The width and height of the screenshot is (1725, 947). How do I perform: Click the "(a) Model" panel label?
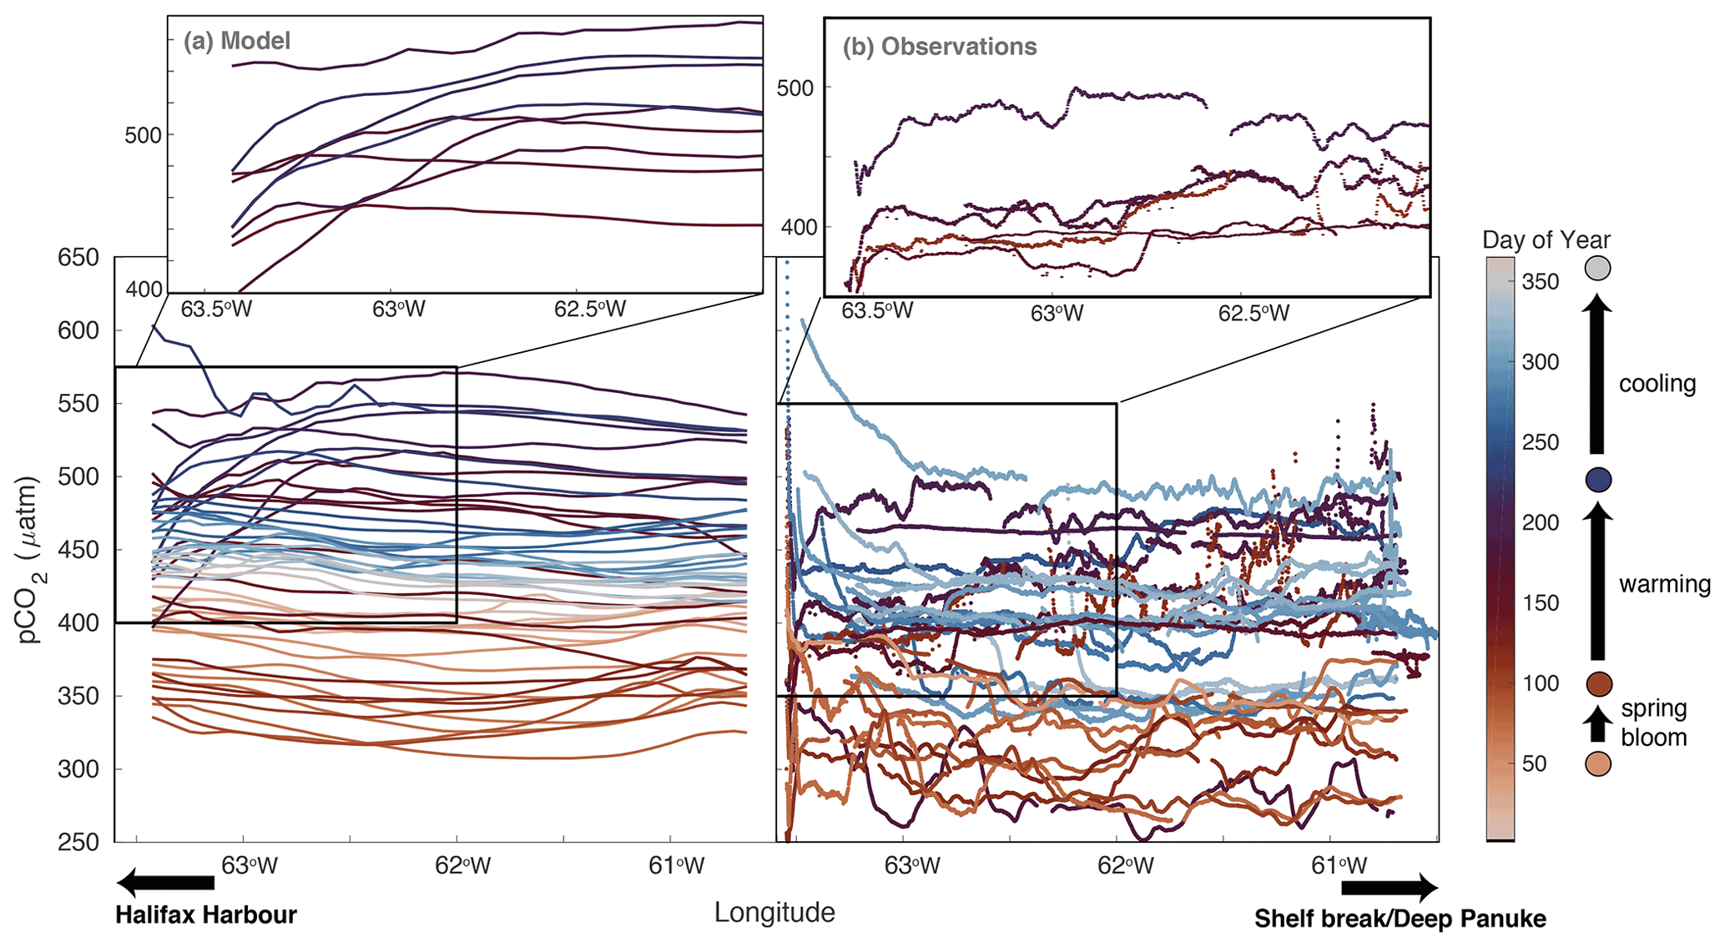point(237,41)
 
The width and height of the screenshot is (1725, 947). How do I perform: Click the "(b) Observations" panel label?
point(939,47)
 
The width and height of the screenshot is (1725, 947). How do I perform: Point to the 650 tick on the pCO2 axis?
point(78,258)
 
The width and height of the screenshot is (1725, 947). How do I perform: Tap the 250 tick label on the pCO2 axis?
point(78,842)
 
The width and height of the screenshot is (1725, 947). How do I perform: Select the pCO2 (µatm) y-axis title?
point(30,560)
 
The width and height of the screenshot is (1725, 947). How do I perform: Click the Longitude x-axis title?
point(774,913)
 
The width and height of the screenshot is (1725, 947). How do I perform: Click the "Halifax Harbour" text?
point(206,915)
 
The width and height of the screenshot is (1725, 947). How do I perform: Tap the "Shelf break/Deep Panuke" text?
point(1400,919)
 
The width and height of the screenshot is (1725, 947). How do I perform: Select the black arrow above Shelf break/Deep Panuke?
point(1390,887)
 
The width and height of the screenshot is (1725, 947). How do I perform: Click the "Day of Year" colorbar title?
point(1546,240)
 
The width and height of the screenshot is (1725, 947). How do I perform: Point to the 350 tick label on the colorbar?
point(1540,282)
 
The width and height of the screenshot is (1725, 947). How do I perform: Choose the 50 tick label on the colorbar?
point(1535,763)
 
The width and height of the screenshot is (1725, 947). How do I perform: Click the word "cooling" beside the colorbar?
point(1657,384)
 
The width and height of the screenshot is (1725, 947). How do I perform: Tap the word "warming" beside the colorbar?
point(1665,584)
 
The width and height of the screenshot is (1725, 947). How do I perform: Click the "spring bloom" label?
point(1653,723)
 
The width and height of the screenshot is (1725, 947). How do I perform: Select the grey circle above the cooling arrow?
point(1597,269)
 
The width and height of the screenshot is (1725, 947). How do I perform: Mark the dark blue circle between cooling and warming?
point(1597,480)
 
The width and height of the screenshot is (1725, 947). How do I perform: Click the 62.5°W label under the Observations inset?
point(1253,314)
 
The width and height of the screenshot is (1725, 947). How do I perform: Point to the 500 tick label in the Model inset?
point(143,135)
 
